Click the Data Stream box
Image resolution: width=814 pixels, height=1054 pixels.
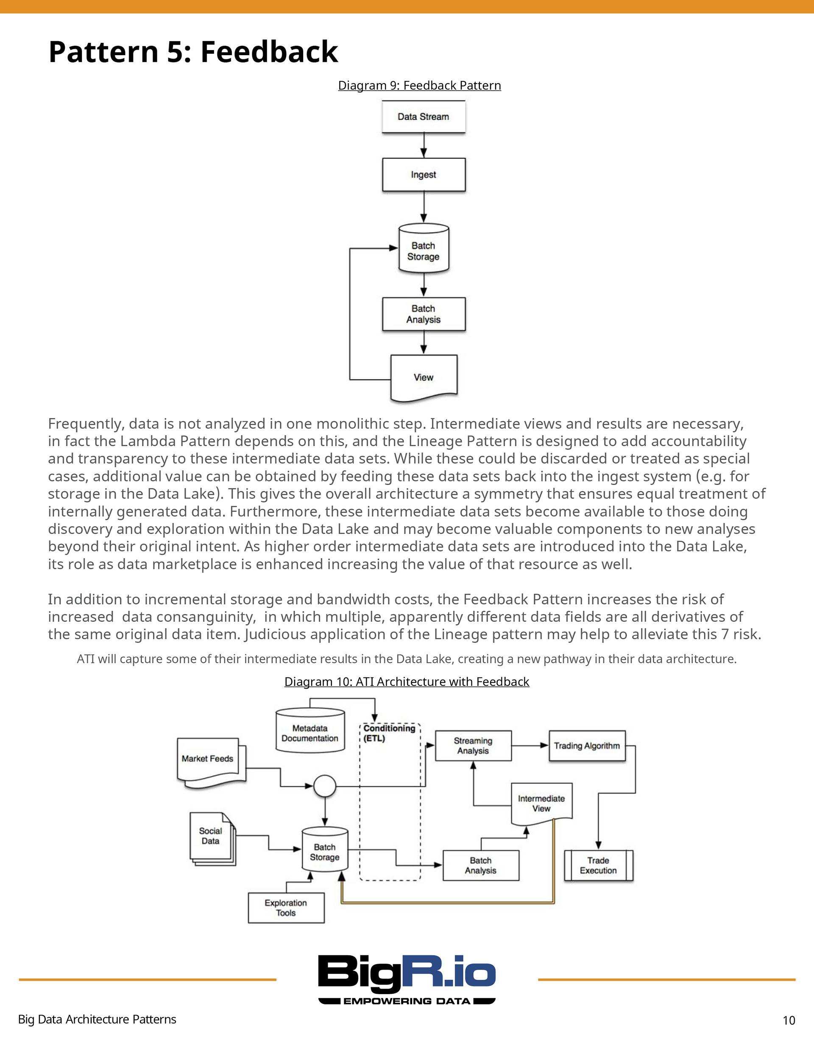coord(424,116)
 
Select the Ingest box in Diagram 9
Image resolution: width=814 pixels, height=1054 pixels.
coord(424,175)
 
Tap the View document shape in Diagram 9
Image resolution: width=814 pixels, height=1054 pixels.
coord(424,378)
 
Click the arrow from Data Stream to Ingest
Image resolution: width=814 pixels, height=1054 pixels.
coord(424,145)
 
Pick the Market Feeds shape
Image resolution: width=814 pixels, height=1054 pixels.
coord(211,763)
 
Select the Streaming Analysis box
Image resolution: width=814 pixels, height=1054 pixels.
coord(473,746)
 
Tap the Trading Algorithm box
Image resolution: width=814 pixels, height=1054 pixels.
coord(587,746)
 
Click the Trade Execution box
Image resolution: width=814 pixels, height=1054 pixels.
coord(598,865)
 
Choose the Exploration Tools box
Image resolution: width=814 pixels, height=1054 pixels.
coord(286,908)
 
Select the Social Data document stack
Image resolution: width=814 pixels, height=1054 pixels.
coord(212,839)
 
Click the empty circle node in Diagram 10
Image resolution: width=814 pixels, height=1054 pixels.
coord(325,786)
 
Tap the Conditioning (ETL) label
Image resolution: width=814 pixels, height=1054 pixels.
coord(389,733)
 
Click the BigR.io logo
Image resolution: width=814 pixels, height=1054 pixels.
coord(407,979)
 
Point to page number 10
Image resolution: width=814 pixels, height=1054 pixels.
coord(789,1020)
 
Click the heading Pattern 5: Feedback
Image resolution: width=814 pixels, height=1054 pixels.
coord(193,52)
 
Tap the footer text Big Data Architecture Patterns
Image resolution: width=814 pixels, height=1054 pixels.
coord(97,1019)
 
